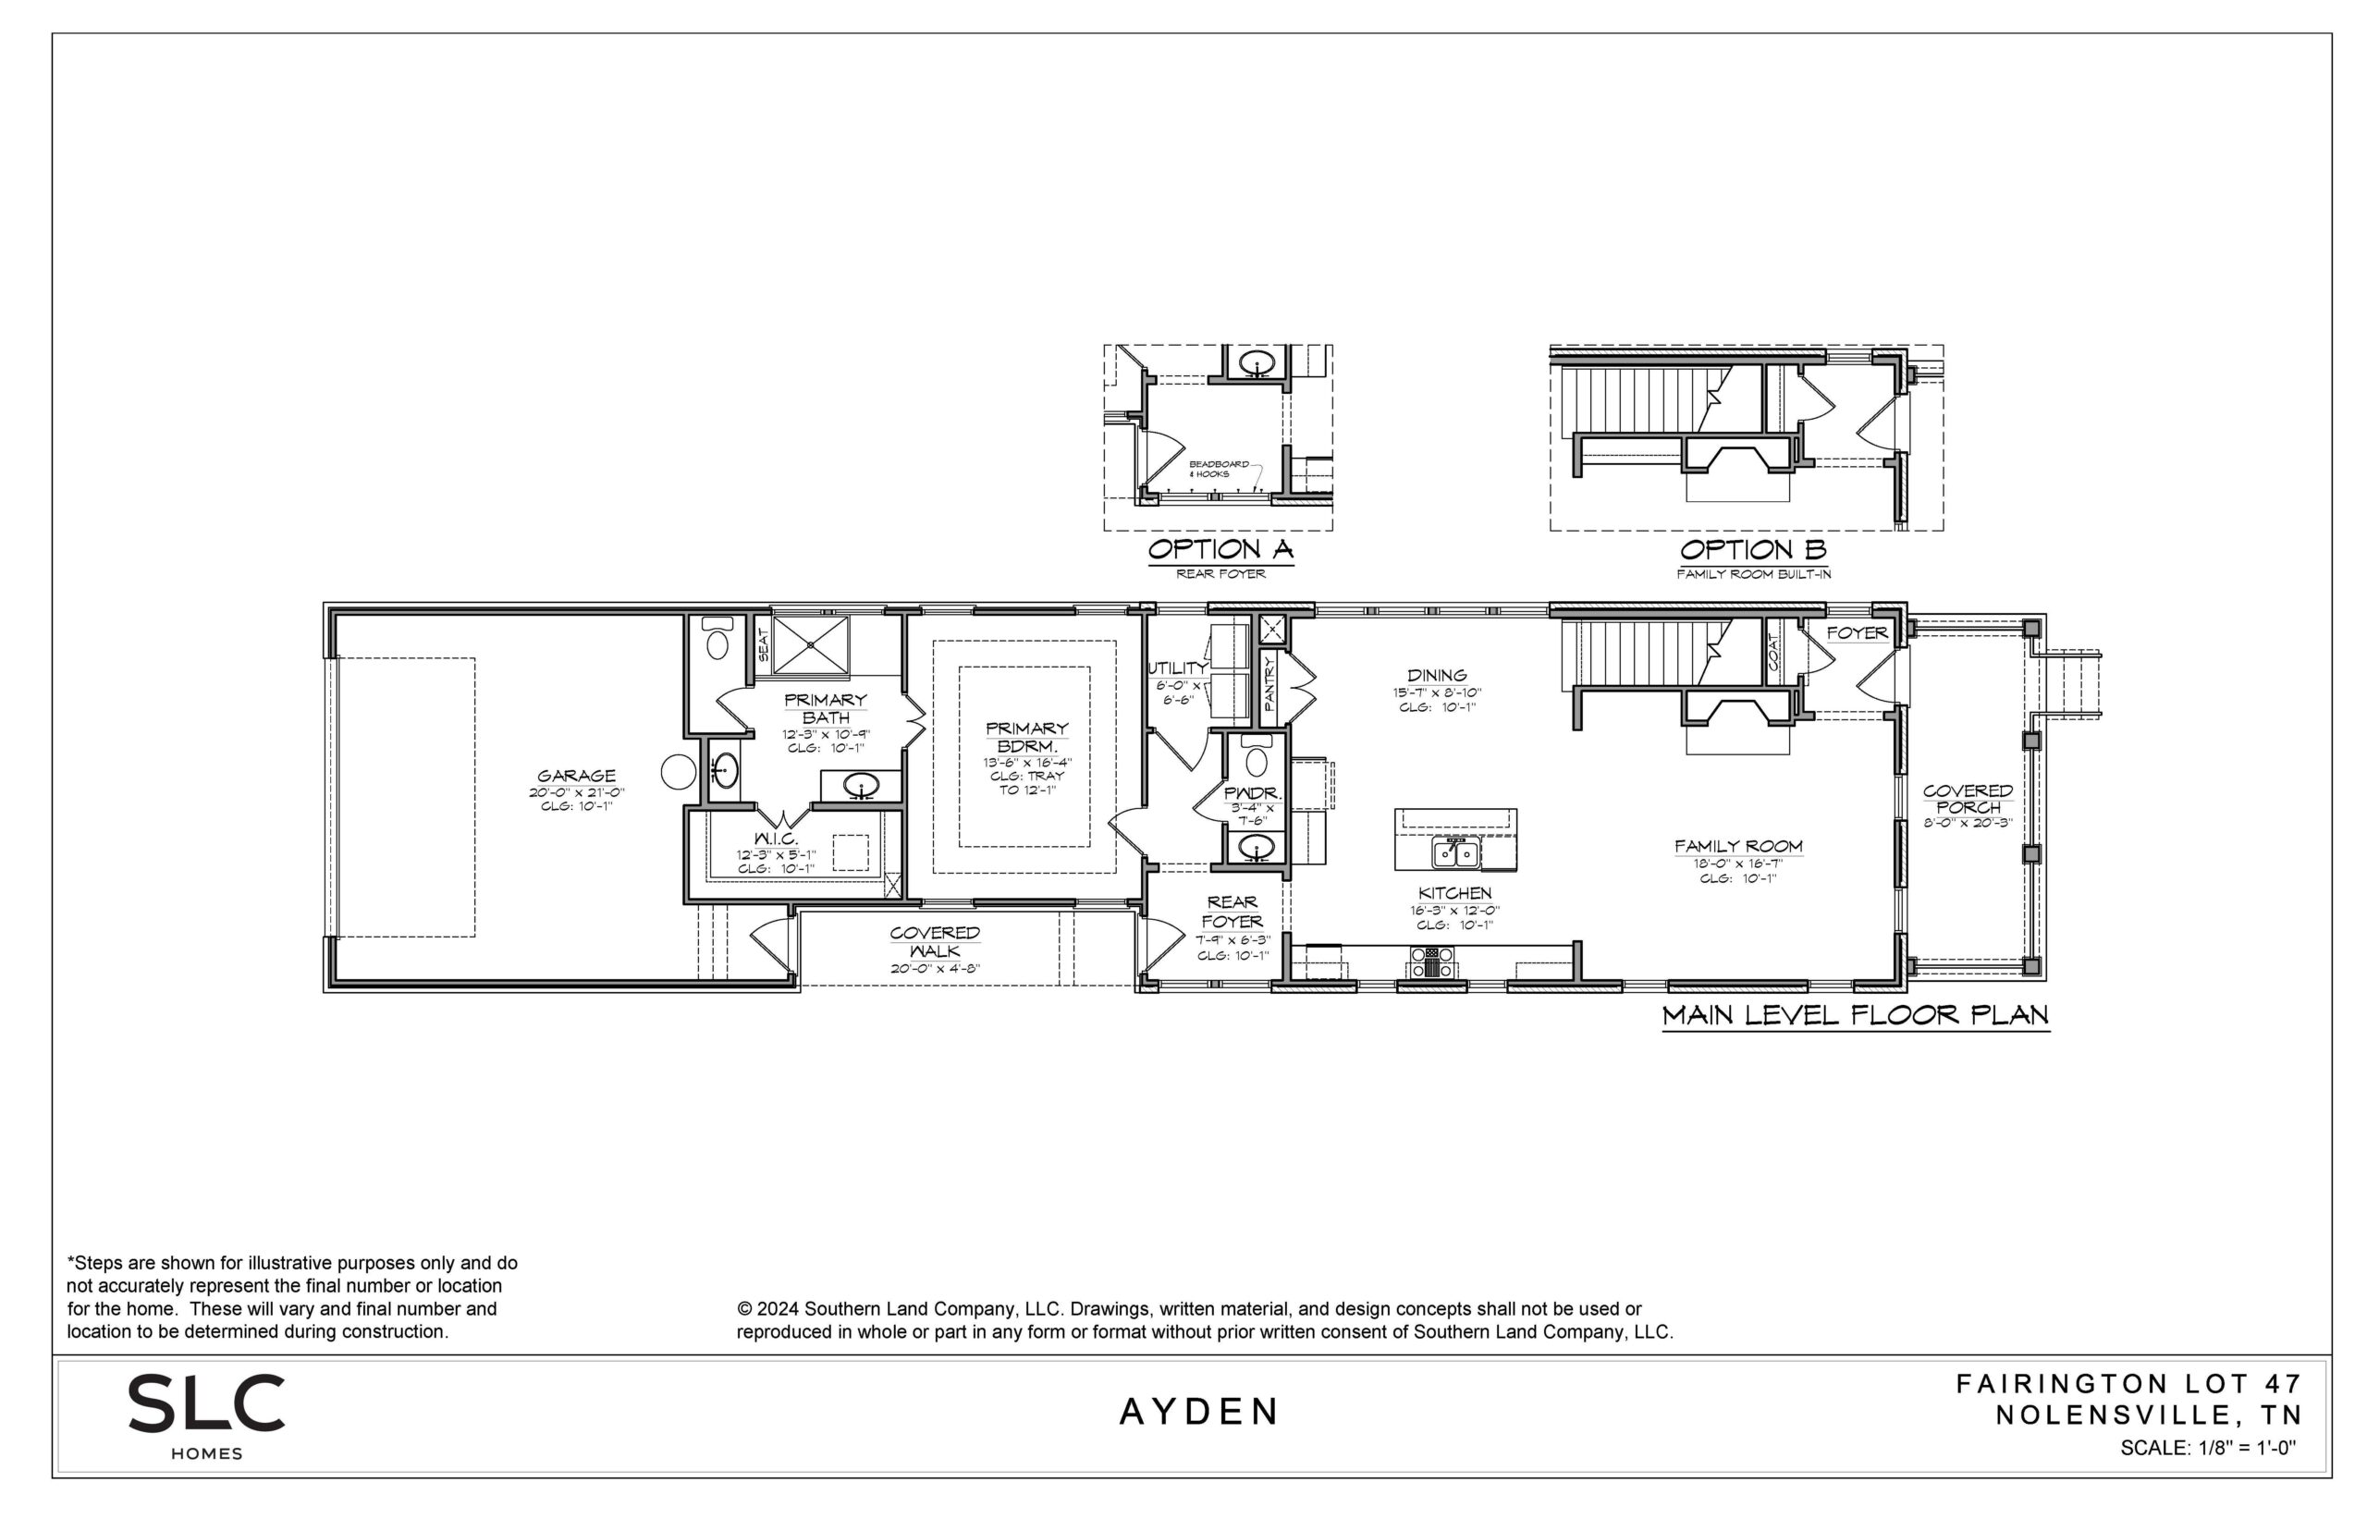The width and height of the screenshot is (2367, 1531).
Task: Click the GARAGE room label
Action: [576, 776]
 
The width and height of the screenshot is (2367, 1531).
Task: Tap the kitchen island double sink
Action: [1455, 853]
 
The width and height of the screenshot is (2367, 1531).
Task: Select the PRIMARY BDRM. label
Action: [1027, 737]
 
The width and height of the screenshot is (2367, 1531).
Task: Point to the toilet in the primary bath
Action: [717, 639]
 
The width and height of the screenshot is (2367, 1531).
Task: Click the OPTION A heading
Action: [1220, 549]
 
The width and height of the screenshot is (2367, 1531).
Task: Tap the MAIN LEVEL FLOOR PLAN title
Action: [1856, 1015]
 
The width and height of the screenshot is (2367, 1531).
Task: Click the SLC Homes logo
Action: [206, 1415]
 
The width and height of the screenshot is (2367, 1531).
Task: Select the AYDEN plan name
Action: [1200, 1412]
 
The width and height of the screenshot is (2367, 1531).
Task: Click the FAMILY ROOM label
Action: [1738, 846]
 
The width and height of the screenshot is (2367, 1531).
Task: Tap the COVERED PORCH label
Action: [1968, 798]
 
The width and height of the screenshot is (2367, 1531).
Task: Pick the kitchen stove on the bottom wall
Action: [1432, 961]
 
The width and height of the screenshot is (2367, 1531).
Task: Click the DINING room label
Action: [1438, 675]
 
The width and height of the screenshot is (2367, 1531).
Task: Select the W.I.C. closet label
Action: [777, 839]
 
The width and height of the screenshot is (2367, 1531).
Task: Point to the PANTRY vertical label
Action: [1269, 682]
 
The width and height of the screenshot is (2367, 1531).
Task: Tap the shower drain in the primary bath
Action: [810, 644]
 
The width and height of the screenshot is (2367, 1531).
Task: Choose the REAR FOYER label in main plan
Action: [1233, 912]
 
